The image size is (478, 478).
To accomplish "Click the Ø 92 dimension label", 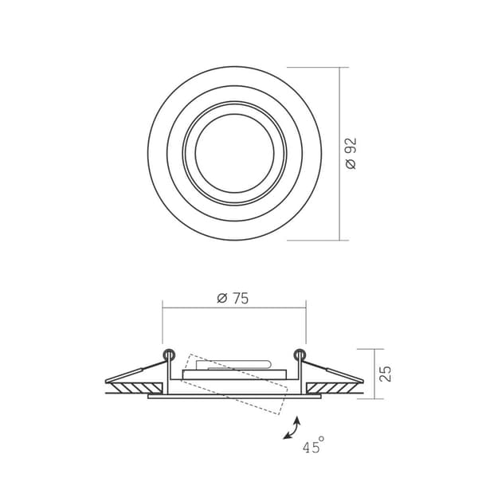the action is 351,153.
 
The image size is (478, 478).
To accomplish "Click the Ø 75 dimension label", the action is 233,298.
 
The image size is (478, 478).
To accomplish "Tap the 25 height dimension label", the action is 386,374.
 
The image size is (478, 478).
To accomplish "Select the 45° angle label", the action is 313,445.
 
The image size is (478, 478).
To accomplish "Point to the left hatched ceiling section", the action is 136,388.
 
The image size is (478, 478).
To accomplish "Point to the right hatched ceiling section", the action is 332,388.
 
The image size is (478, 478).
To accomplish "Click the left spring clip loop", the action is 169,355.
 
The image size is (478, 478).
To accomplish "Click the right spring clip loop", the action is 300,355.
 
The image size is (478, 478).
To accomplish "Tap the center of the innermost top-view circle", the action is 234,153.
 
